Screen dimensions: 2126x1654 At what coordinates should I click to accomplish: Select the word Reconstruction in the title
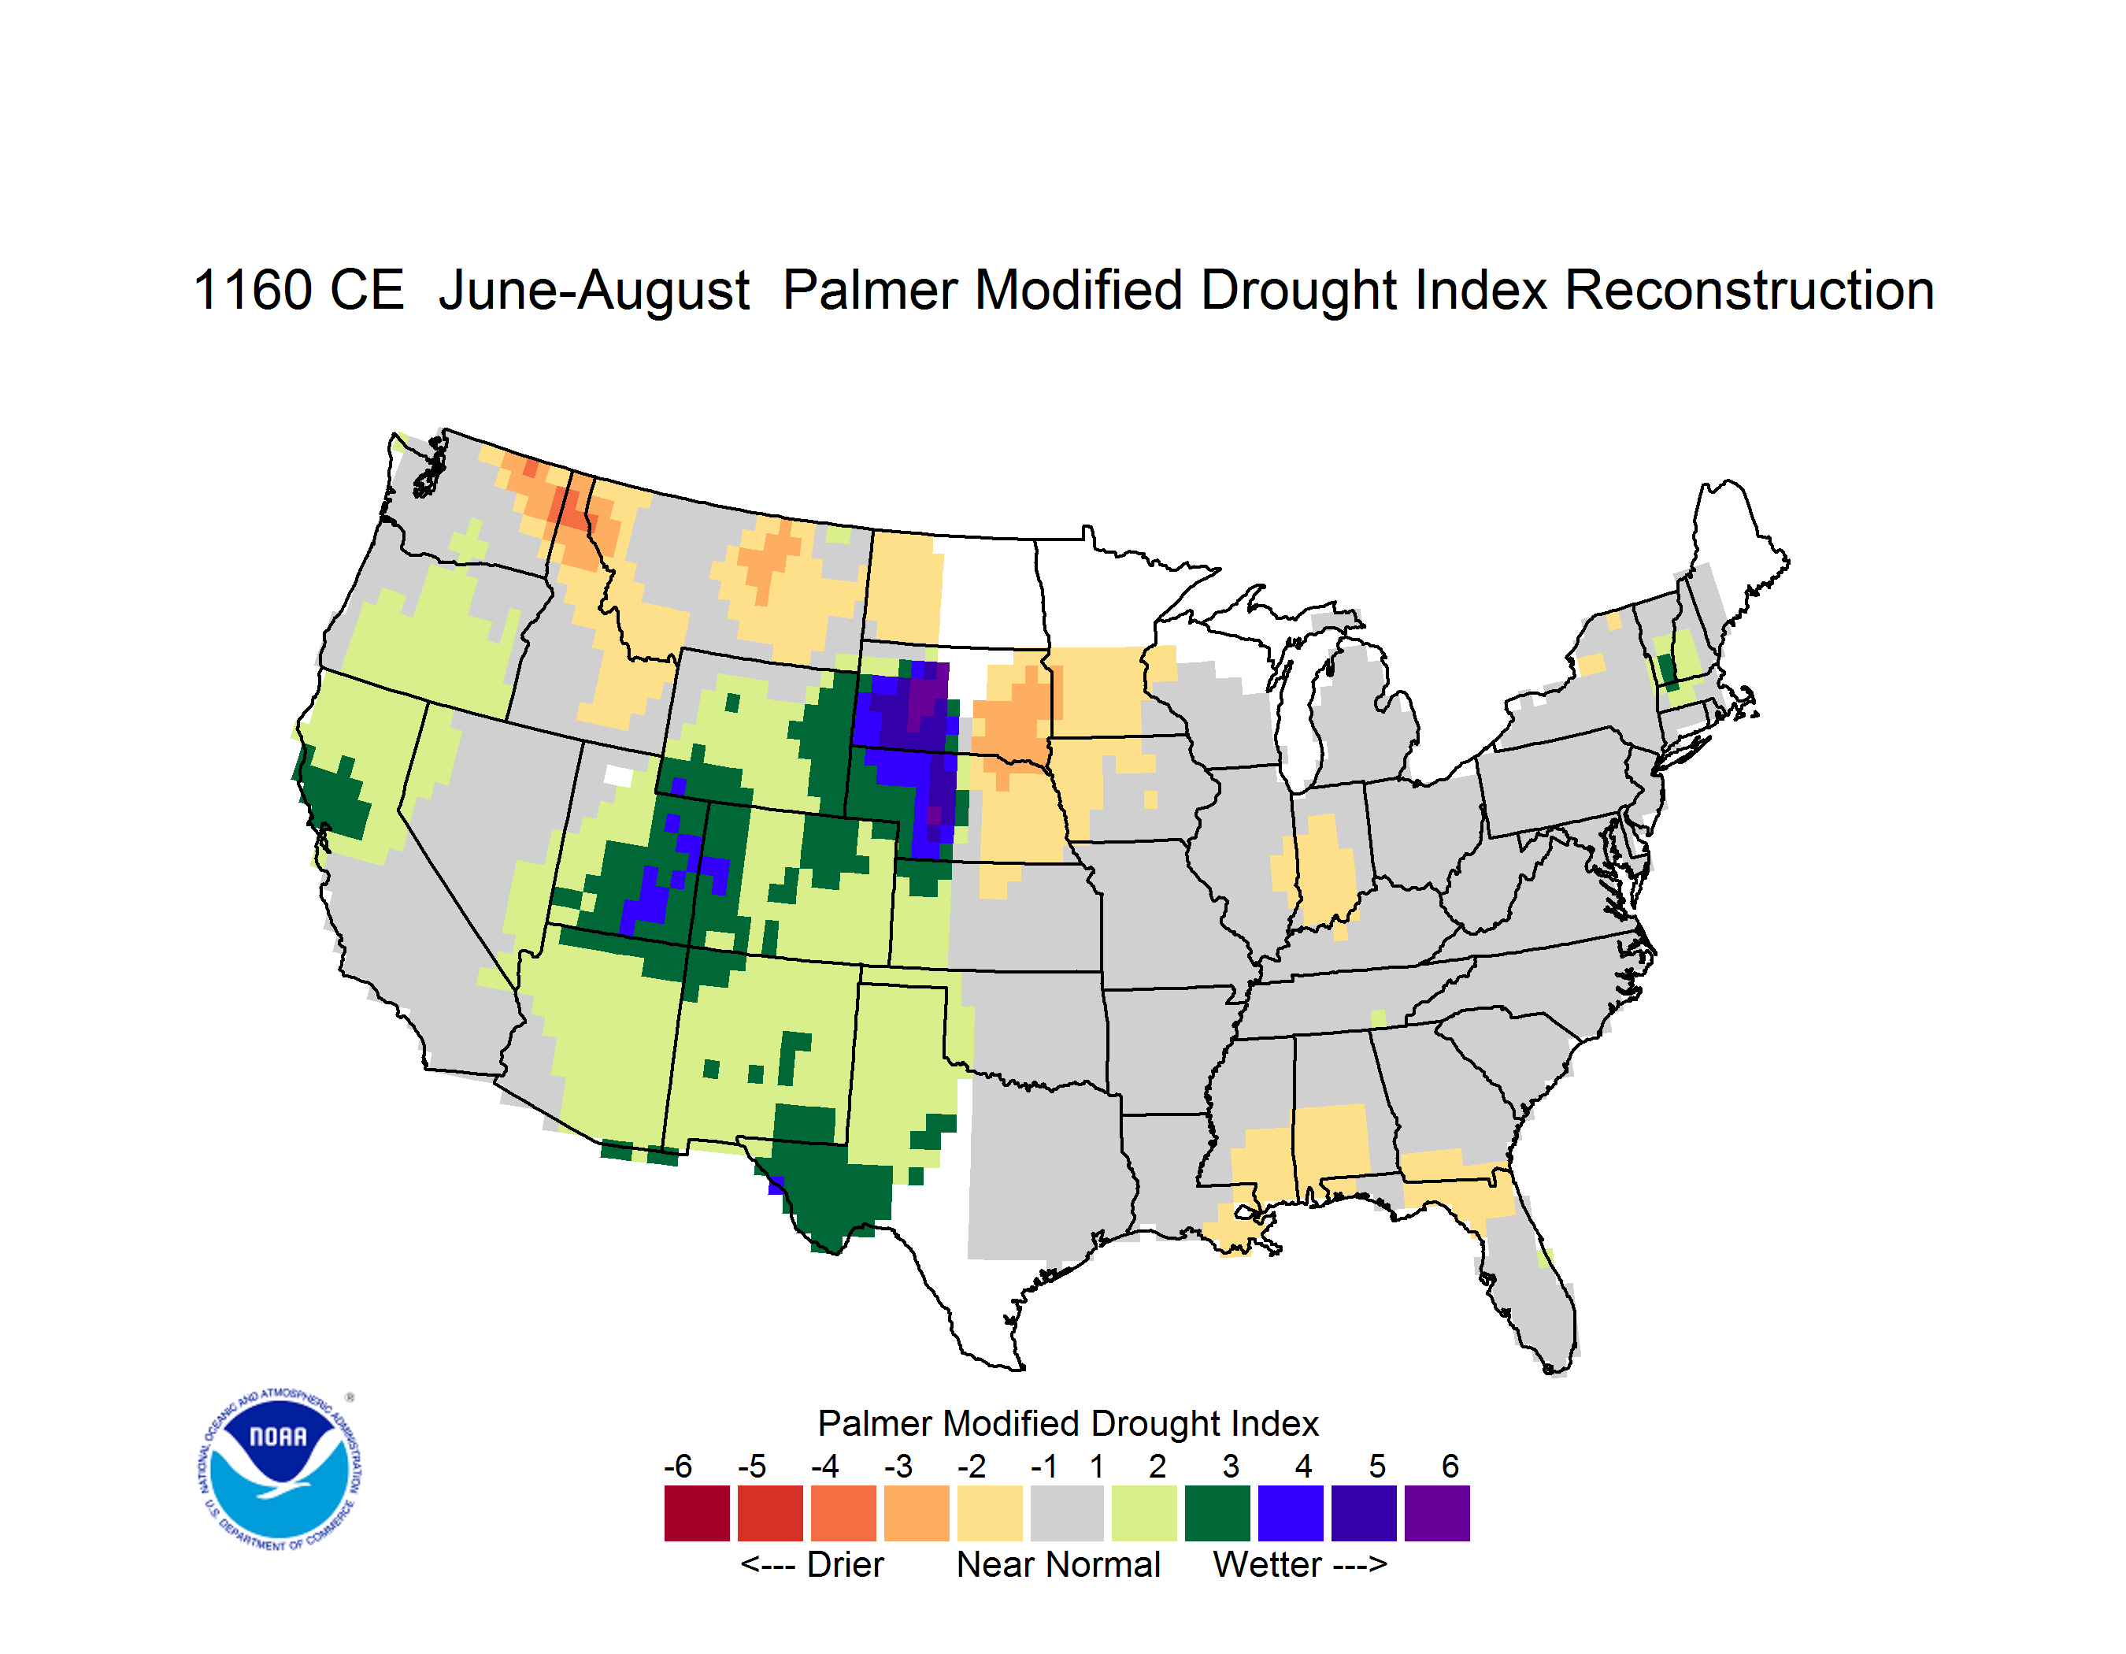[x=1750, y=290]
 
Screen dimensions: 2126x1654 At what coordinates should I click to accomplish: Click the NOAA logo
[x=280, y=1469]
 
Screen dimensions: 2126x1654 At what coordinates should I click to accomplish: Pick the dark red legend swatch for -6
[x=697, y=1513]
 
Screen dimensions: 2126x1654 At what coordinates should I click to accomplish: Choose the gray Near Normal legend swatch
[x=1067, y=1513]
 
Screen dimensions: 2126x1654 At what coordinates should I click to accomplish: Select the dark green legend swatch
[x=1217, y=1513]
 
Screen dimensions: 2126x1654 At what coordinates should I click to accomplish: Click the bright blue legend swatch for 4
[x=1291, y=1513]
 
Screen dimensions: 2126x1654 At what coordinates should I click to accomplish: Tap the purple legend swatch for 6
[x=1437, y=1513]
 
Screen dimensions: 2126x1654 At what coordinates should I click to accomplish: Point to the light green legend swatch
[x=1144, y=1513]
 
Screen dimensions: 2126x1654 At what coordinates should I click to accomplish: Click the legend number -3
[x=898, y=1466]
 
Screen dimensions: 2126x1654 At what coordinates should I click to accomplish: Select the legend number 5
[x=1377, y=1466]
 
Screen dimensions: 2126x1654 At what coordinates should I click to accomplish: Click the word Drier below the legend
[x=845, y=1564]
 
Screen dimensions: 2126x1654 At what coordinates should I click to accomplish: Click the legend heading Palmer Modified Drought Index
[x=1068, y=1423]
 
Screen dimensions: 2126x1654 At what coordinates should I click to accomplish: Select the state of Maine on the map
[x=1733, y=565]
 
